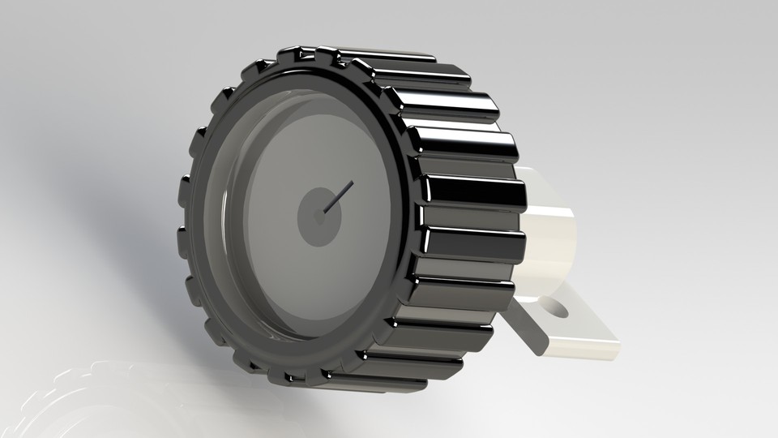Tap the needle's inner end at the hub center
[323, 213]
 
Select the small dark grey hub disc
[312, 221]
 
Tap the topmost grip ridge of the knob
[381, 54]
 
